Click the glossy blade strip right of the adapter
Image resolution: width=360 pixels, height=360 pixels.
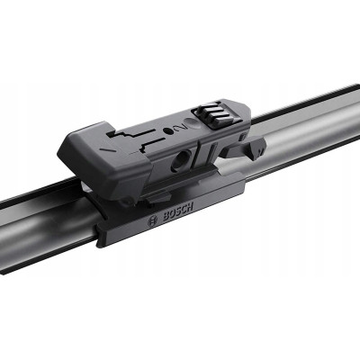[297, 131]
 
